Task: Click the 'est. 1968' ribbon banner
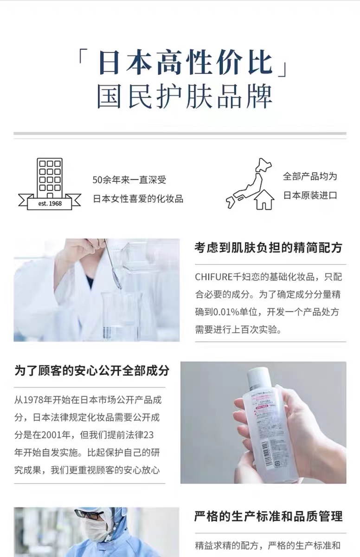tap(50, 202)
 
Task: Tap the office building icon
tap(50, 177)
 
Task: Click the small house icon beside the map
tap(264, 200)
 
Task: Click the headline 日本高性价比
tap(186, 63)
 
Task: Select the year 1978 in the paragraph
tap(33, 400)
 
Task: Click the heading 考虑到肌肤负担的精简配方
tap(268, 247)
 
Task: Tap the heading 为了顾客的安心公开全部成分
tap(92, 370)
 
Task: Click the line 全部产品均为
tap(310, 176)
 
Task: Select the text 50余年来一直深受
tap(129, 180)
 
